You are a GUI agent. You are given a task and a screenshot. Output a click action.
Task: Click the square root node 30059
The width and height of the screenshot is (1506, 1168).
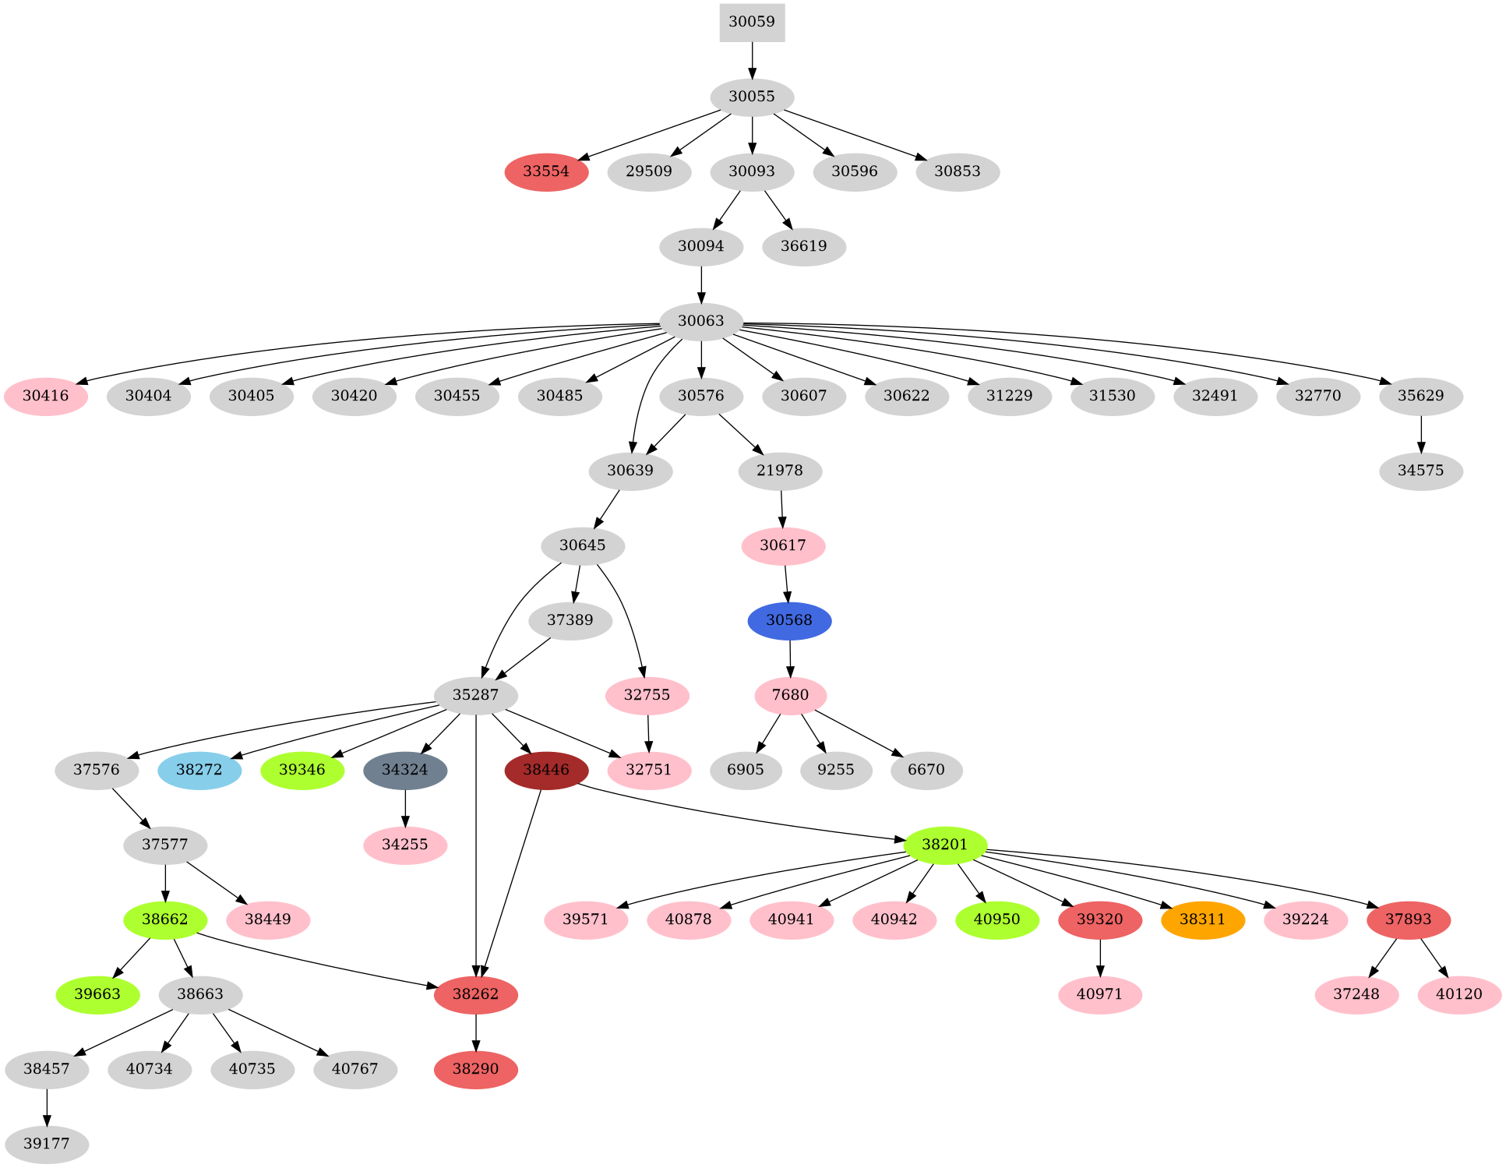tap(752, 22)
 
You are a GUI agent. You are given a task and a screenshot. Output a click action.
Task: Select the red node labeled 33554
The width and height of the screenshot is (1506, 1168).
tap(546, 171)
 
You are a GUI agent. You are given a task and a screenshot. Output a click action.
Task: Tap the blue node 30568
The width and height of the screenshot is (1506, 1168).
tap(789, 620)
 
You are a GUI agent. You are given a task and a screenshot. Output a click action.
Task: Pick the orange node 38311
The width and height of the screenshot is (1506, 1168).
tap(1202, 919)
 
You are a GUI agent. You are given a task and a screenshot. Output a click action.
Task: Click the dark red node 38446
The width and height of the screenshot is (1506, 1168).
tap(546, 770)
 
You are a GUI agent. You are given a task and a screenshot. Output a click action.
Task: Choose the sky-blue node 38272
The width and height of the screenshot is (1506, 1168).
tap(199, 770)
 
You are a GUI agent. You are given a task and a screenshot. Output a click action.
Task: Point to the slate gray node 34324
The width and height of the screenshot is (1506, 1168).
tap(405, 770)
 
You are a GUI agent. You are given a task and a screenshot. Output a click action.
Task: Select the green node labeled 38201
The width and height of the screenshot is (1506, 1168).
tap(945, 845)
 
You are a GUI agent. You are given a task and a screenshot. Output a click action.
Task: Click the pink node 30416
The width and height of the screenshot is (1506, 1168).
tap(46, 396)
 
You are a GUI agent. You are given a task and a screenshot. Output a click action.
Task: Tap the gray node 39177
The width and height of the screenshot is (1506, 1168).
tap(47, 1144)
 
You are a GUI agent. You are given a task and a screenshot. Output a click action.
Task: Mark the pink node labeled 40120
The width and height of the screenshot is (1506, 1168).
tap(1459, 994)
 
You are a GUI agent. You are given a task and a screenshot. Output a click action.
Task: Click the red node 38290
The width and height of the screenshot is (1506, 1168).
tap(476, 1069)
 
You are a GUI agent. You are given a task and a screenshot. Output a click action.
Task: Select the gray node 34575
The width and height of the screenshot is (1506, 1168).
tap(1420, 471)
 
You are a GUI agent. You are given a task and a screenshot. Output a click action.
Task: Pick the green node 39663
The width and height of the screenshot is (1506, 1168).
tap(98, 994)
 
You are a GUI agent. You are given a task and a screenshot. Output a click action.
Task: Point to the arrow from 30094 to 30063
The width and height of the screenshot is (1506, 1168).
tap(701, 284)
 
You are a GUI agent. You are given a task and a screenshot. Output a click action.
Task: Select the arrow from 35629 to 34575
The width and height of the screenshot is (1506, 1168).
tap(1421, 434)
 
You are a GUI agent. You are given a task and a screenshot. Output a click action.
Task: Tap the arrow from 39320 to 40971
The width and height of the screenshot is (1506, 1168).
tap(1100, 958)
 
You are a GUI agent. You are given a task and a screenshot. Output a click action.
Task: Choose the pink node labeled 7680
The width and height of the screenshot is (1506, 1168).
tap(790, 695)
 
